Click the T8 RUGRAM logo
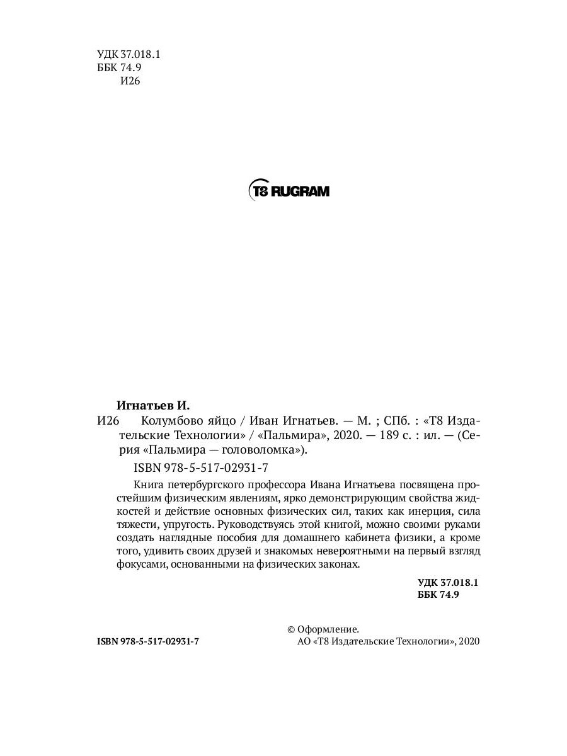tap(289, 190)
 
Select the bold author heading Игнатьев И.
tap(153, 405)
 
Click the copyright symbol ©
tap(291, 629)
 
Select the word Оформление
tap(329, 629)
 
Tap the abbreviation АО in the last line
tap(303, 641)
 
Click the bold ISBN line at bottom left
tap(149, 641)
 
